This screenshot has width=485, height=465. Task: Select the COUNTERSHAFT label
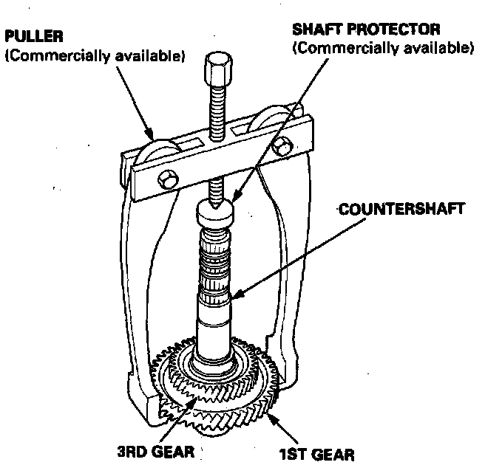(x=404, y=209)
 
